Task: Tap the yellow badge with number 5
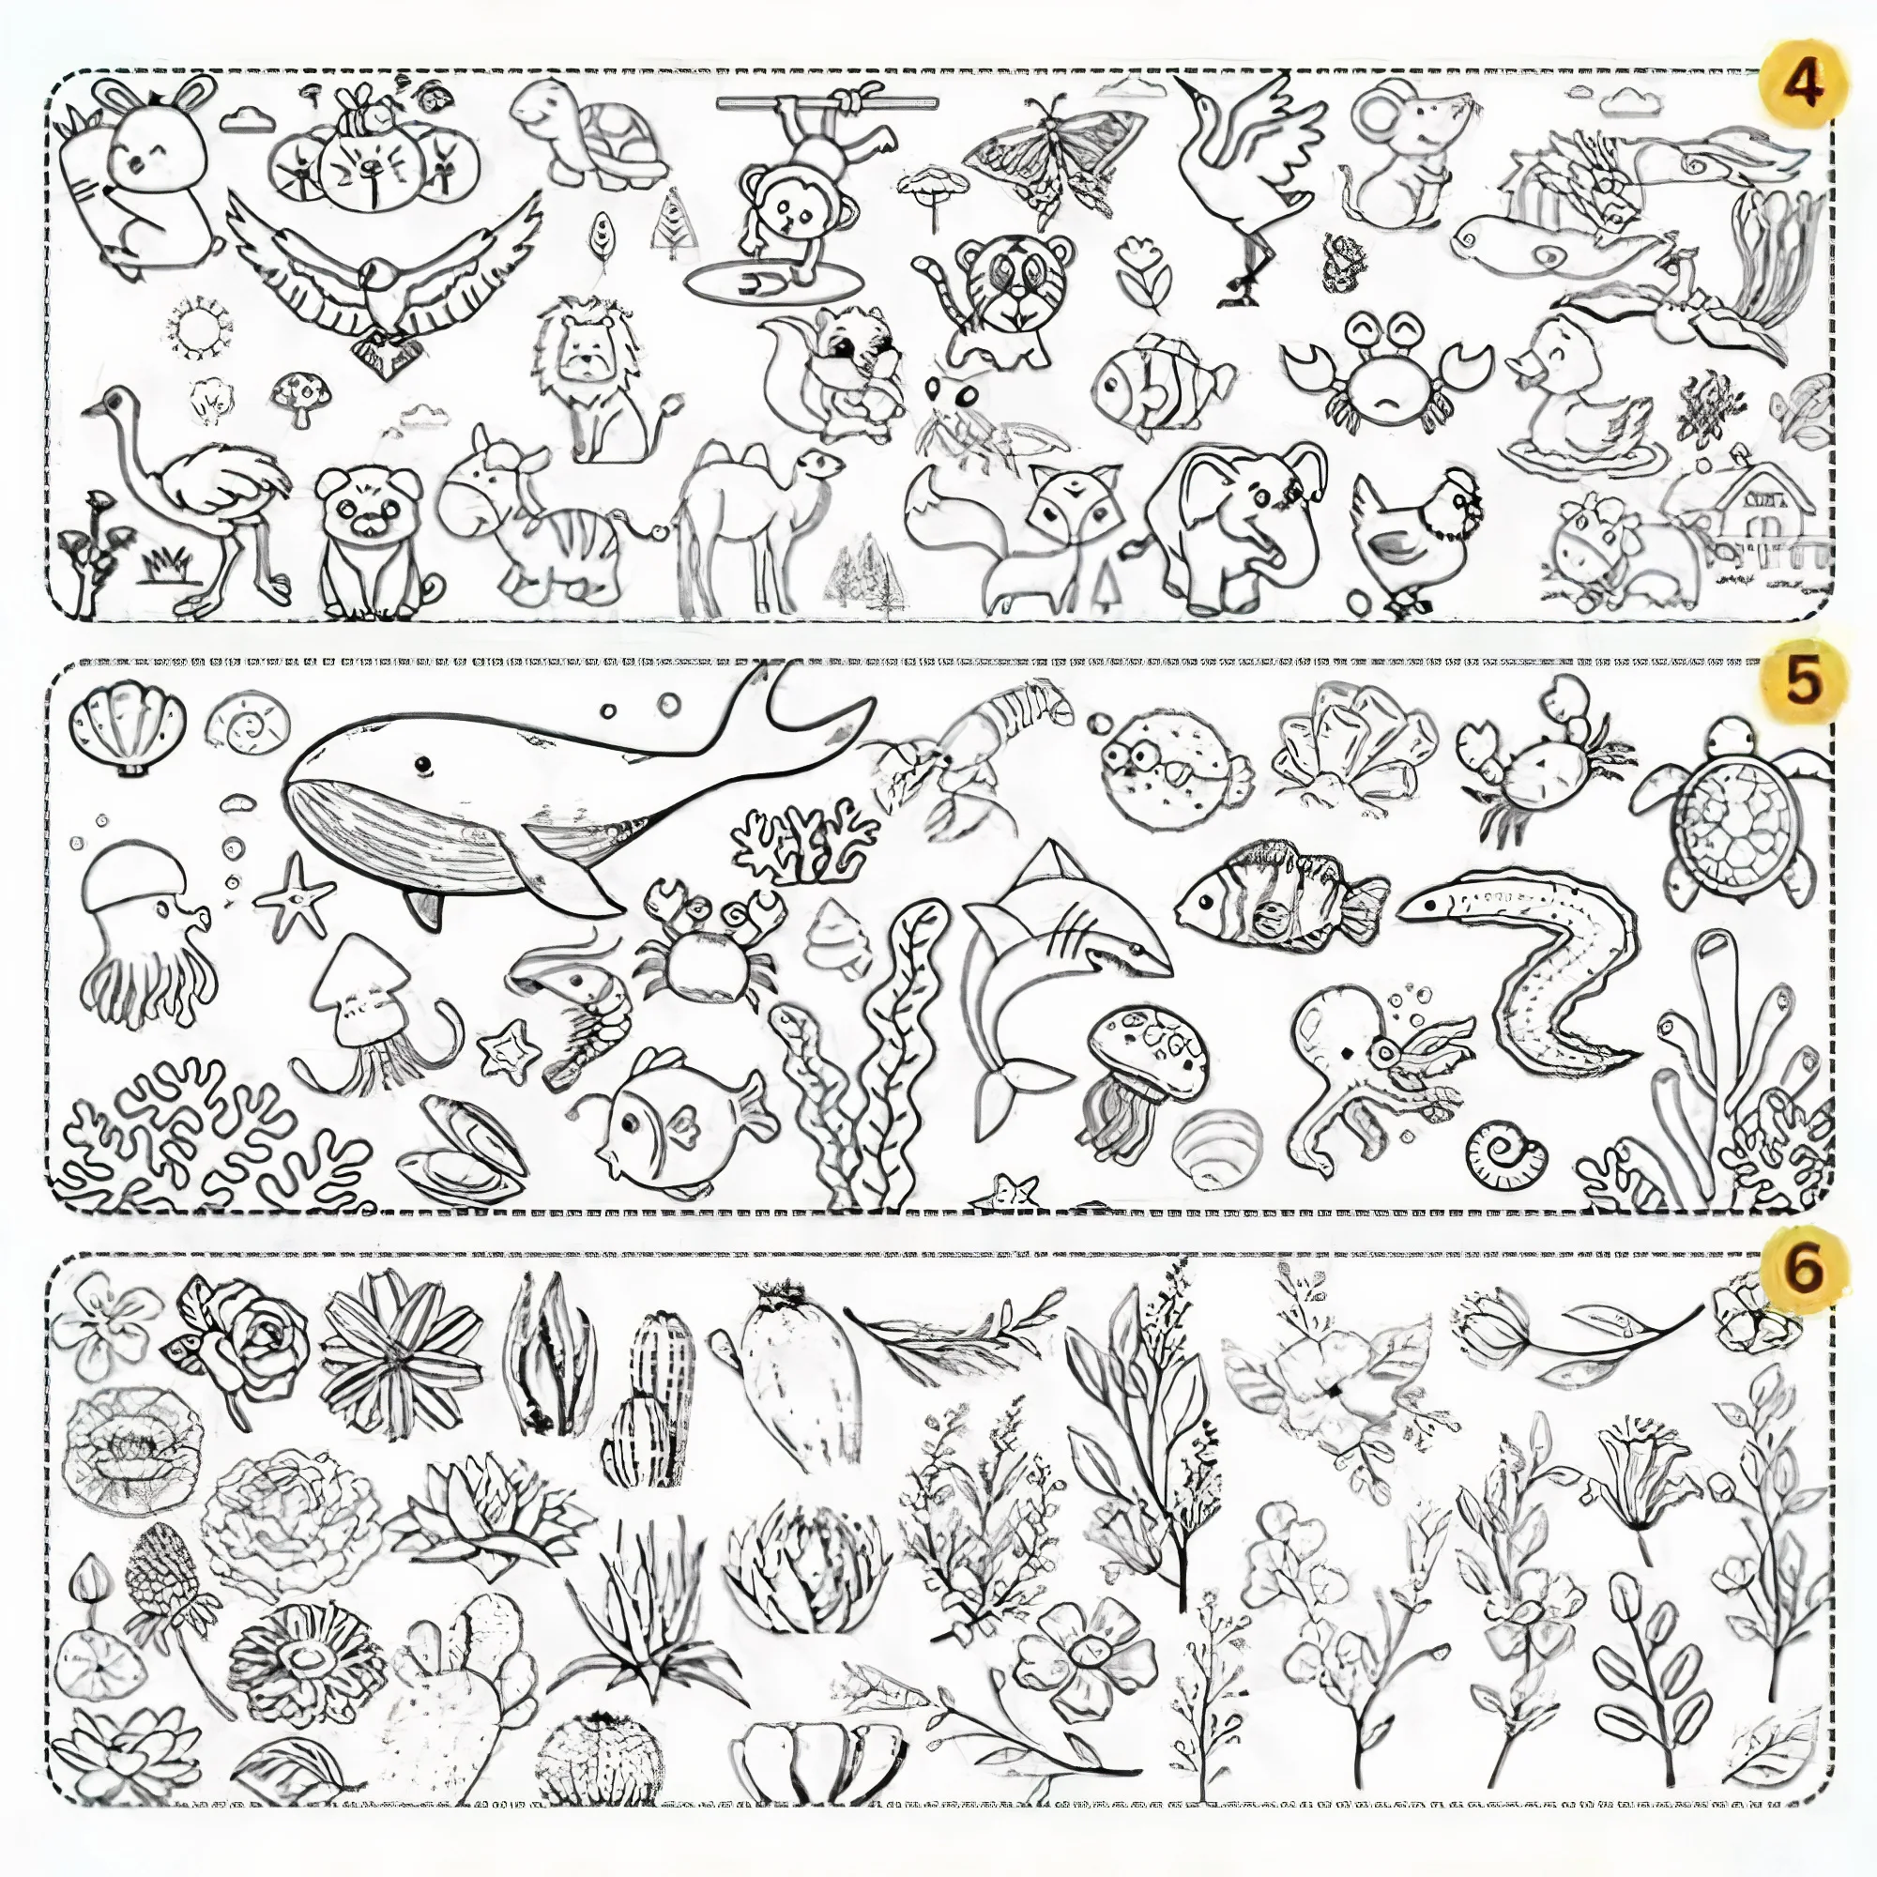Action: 1801,682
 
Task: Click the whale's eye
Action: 421,766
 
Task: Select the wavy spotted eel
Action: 1535,971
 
